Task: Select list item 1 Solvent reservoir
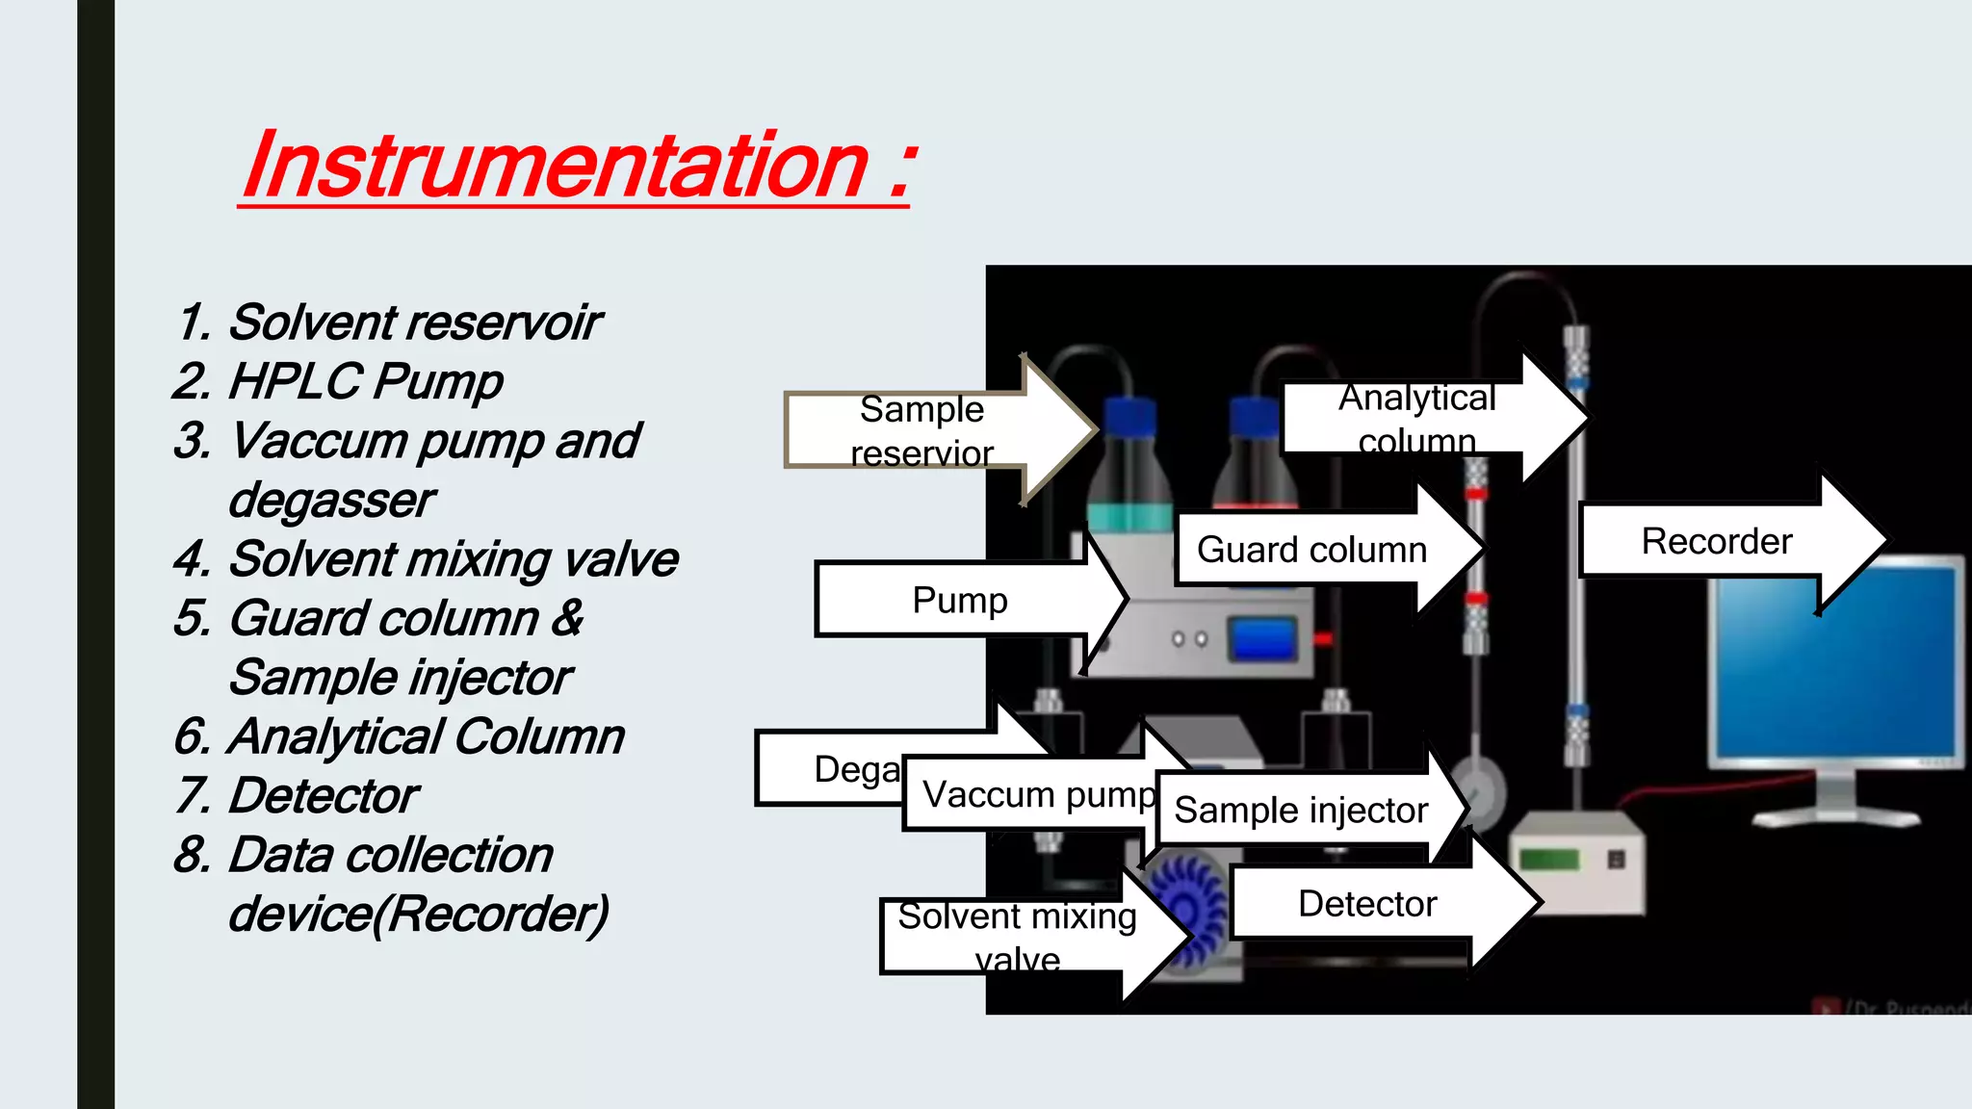[389, 322]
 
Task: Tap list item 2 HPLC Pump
[339, 381]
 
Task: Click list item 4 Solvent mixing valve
[427, 559]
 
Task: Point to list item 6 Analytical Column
[401, 737]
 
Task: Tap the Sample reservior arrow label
[921, 430]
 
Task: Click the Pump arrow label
[959, 600]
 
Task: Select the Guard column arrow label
[1311, 550]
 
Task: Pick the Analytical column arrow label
[1415, 417]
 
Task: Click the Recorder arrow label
[1716, 541]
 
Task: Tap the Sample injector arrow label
[1300, 811]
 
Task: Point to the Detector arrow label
[1366, 904]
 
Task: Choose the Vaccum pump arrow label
[1038, 795]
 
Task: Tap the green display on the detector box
[1549, 859]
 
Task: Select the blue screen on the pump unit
[1262, 640]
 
